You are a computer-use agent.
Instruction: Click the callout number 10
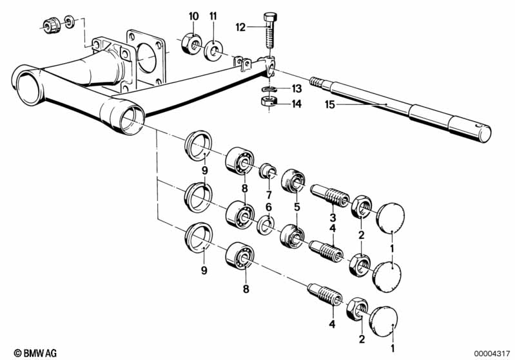[x=193, y=16]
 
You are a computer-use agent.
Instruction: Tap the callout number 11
[x=213, y=16]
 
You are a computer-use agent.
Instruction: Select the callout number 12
[x=240, y=27]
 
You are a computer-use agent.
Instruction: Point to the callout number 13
[x=296, y=89]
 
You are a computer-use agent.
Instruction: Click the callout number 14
[x=296, y=104]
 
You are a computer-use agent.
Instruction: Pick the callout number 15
[x=330, y=105]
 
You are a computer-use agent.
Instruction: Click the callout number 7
[x=269, y=195]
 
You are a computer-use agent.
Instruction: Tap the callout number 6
[x=269, y=207]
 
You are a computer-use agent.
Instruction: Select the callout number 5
[x=297, y=207]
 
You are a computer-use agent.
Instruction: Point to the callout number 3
[x=333, y=217]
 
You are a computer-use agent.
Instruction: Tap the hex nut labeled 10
[x=191, y=44]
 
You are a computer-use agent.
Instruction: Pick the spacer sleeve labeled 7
[x=267, y=171]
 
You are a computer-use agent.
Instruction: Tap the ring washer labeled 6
[x=266, y=225]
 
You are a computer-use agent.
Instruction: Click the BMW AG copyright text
[x=35, y=353]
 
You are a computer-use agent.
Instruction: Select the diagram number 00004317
[x=492, y=354]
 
